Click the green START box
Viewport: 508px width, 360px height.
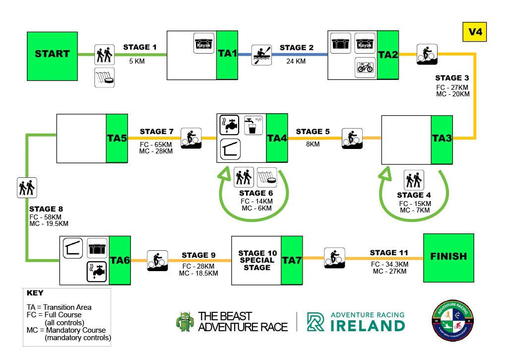point(52,54)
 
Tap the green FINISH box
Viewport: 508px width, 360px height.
point(448,257)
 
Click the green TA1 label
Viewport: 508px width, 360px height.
point(227,54)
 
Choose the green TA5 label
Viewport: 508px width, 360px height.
point(118,139)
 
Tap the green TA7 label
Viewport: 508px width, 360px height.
point(293,260)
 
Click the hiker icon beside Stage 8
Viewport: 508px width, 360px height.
point(27,187)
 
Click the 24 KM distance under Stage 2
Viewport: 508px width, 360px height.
point(296,62)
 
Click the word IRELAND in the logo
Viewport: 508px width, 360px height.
point(367,326)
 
